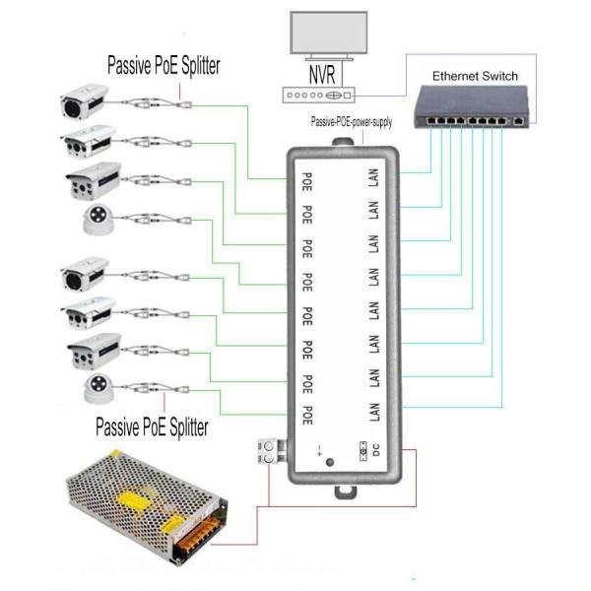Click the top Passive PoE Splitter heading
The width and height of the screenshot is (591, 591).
[x=163, y=66]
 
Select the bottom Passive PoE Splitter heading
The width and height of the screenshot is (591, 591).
[x=152, y=427]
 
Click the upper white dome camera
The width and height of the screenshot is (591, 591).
[x=97, y=223]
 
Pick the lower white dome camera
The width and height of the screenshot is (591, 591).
[x=96, y=389]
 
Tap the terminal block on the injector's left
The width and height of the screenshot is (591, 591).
[x=266, y=452]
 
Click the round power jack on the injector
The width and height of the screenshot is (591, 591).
[x=329, y=461]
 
